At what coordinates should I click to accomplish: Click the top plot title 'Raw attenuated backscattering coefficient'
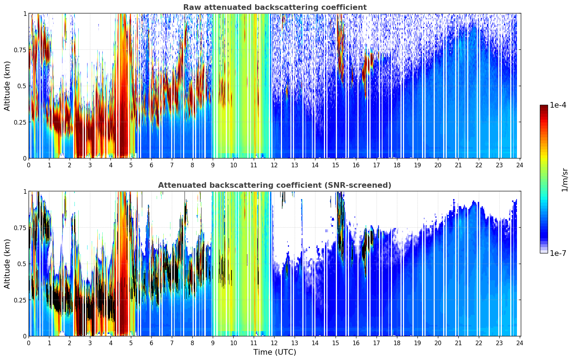pyautogui.click(x=275, y=7)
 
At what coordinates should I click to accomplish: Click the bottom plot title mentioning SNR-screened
pyautogui.click(x=275, y=185)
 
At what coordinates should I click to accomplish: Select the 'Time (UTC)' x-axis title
pyautogui.click(x=275, y=352)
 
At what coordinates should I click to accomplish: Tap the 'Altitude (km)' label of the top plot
pyautogui.click(x=7, y=86)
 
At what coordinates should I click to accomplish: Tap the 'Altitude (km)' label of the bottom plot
pyautogui.click(x=7, y=264)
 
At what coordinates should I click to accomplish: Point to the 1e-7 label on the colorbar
pyautogui.click(x=558, y=253)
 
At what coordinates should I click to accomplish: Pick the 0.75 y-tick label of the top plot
pyautogui.click(x=20, y=50)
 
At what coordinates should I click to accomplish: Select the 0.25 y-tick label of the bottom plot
pyautogui.click(x=20, y=300)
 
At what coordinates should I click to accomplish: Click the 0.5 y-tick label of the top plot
pyautogui.click(x=22, y=86)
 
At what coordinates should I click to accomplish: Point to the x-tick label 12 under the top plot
pyautogui.click(x=274, y=165)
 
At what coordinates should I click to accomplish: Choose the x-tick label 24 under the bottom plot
pyautogui.click(x=519, y=343)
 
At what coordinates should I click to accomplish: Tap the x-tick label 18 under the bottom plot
pyautogui.click(x=397, y=343)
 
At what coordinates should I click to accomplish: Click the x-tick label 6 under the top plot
pyautogui.click(x=151, y=165)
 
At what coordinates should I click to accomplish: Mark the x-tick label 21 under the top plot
pyautogui.click(x=458, y=165)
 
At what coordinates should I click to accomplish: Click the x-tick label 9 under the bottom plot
pyautogui.click(x=213, y=343)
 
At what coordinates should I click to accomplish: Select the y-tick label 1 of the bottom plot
pyautogui.click(x=25, y=192)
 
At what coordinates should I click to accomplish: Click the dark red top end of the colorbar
pyautogui.click(x=543, y=107)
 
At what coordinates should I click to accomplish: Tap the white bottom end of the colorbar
pyautogui.click(x=543, y=251)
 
